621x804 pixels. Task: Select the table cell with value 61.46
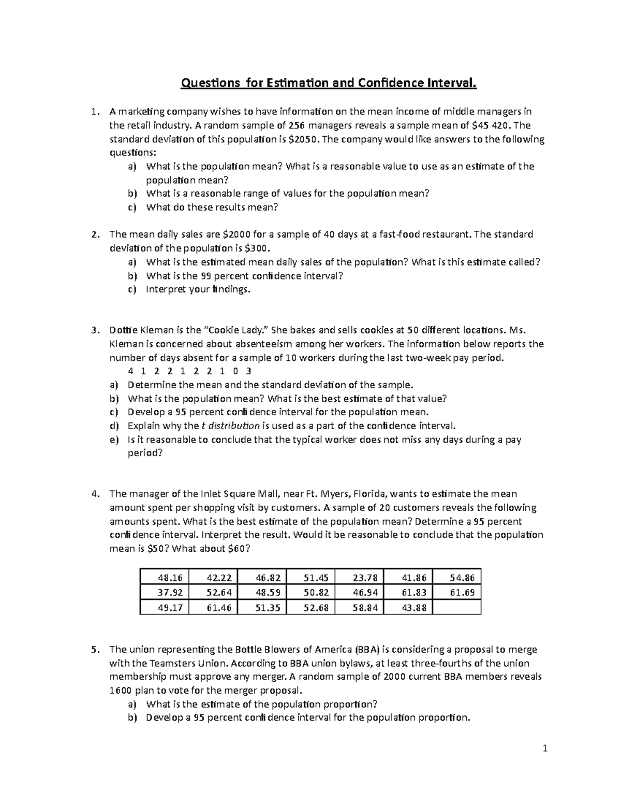click(213, 608)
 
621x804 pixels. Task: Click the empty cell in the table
click(456, 608)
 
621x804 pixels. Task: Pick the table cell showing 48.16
click(165, 578)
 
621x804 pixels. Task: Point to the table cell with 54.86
click(456, 578)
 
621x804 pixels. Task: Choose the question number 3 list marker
click(94, 330)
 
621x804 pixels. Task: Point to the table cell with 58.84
click(359, 608)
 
